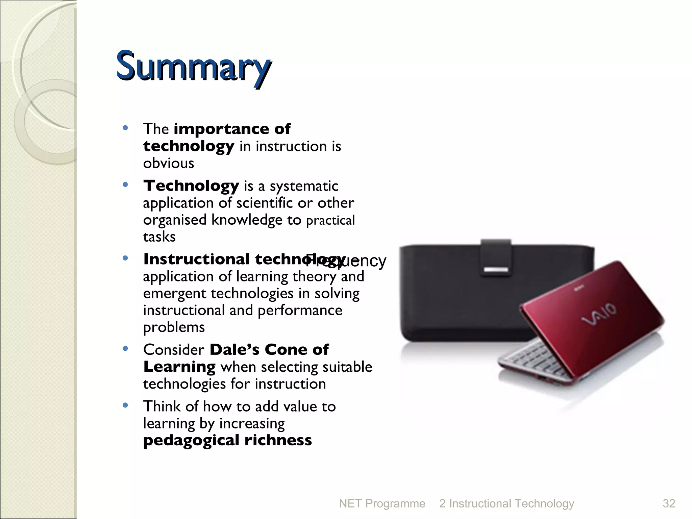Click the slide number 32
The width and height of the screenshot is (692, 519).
coord(669,503)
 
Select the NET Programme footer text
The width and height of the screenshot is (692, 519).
coord(382,503)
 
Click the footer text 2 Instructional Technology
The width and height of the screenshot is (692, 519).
coord(506,503)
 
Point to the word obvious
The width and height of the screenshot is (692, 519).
coord(169,164)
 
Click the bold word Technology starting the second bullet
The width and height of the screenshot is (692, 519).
coord(191,186)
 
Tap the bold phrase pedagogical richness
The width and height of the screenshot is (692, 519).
coord(227,440)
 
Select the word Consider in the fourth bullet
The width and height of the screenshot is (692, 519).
coord(174,350)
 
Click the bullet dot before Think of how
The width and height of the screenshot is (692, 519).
coord(125,405)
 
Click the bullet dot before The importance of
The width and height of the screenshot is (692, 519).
coord(125,128)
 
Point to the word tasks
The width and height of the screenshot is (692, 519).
coord(159,237)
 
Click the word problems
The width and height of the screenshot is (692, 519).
coord(174,327)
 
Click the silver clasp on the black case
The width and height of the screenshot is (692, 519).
coord(496,269)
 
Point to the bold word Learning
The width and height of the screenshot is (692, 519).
coord(179,367)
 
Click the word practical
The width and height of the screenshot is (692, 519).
coord(330,221)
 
